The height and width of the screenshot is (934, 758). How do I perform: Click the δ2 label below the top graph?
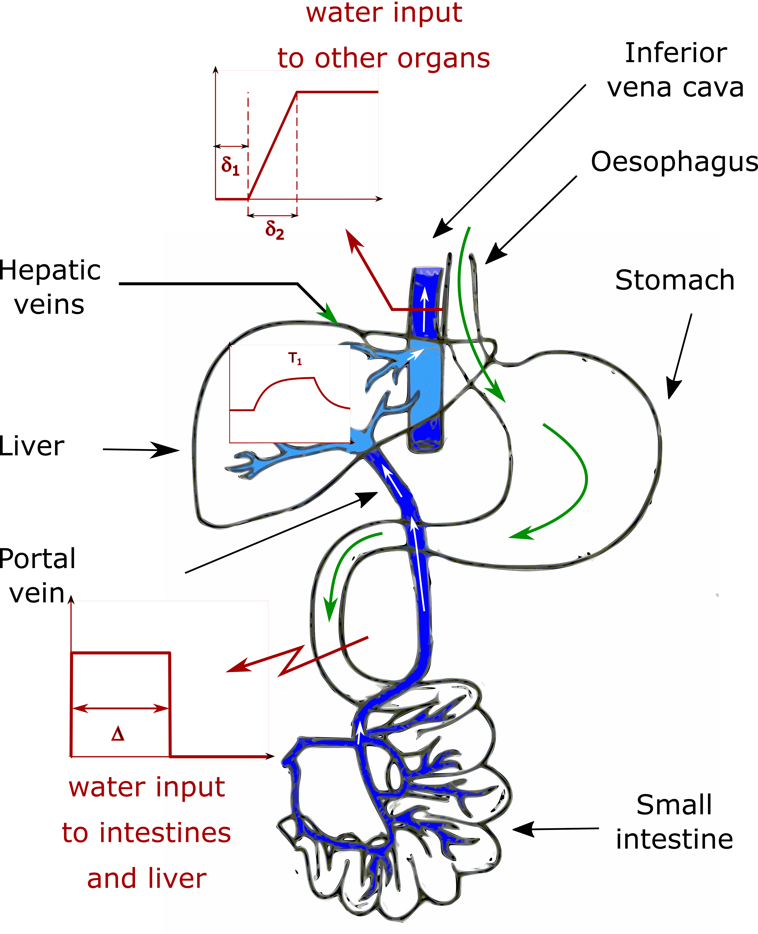coord(275,230)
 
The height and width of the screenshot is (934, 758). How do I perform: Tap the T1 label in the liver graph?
coord(295,359)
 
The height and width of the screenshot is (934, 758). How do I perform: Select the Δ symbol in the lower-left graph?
coord(118,734)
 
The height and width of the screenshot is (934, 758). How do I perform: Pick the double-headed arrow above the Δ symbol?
coord(120,708)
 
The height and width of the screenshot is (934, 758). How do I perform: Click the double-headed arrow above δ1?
coord(232,146)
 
